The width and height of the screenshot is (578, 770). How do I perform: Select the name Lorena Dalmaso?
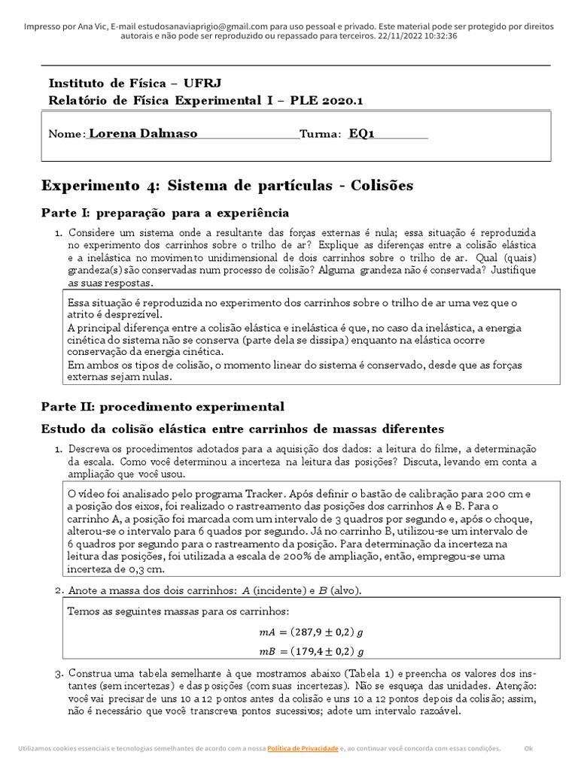[143, 134]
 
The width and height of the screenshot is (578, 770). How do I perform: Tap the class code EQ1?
[361, 134]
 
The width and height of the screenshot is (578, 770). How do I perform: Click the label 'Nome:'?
[67, 135]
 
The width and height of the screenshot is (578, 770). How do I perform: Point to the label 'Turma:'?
[321, 135]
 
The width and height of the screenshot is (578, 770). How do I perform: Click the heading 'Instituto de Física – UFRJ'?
[135, 83]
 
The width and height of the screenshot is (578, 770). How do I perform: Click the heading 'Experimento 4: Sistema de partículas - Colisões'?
[227, 185]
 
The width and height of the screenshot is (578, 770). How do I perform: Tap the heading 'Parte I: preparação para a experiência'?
[165, 213]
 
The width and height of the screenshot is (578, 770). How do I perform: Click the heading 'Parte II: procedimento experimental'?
[163, 407]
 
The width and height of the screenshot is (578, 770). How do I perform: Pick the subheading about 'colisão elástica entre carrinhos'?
[242, 429]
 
